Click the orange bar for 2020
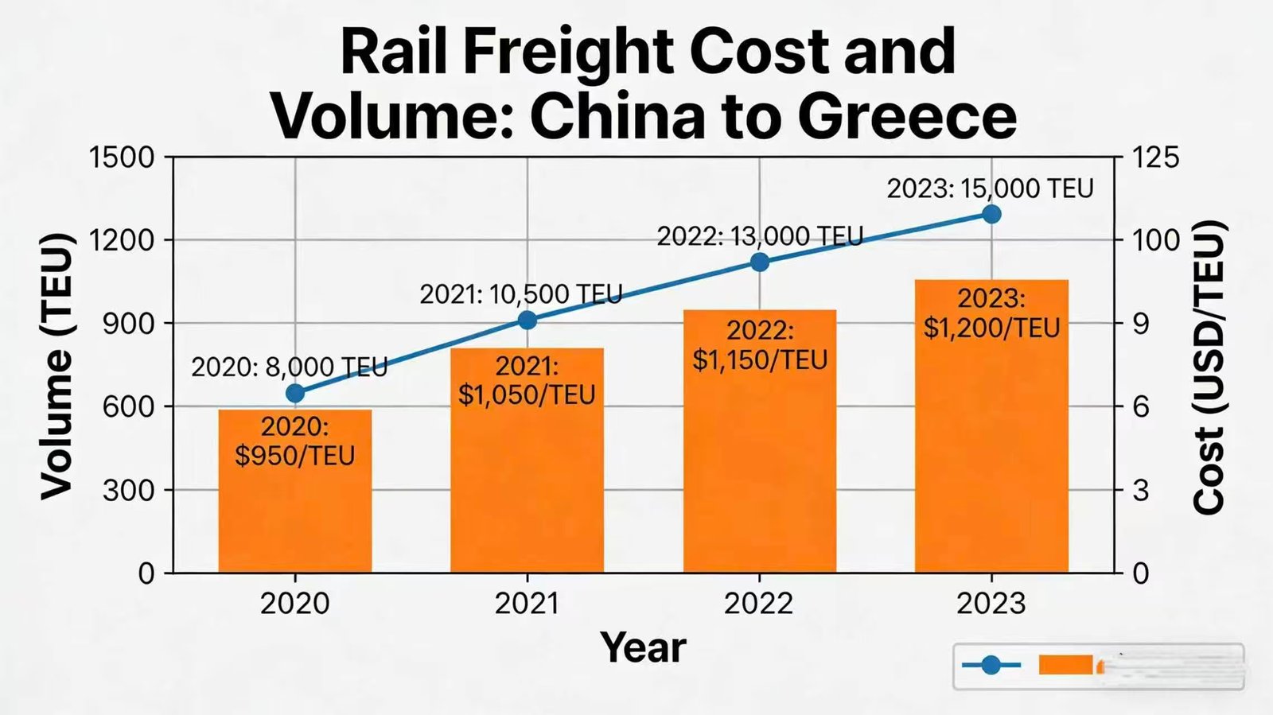pos(295,509)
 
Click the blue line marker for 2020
pos(295,393)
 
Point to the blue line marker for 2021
pos(527,320)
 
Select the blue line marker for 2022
pos(760,262)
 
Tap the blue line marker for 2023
pos(991,214)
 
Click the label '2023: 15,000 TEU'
pos(990,188)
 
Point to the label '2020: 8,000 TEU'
pos(290,367)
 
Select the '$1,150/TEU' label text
pos(760,359)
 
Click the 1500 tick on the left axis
pos(122,157)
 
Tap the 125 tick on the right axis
pos(1155,157)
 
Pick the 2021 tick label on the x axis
pos(527,604)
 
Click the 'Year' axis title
pos(643,647)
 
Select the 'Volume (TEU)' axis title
pos(56,366)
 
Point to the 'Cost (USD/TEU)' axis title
pos(1209,366)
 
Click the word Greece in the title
pos(906,116)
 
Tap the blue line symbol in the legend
pos(991,665)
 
